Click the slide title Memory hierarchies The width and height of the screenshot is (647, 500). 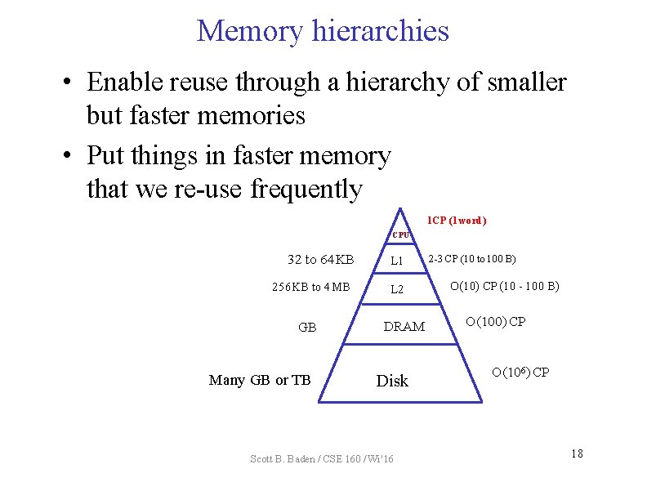323,31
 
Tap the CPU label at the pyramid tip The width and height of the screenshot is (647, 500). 400,235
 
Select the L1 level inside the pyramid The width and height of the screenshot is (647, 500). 397,261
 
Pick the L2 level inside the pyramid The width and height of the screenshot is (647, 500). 397,289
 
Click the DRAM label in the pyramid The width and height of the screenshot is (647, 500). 404,327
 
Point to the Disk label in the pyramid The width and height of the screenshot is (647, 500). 392,381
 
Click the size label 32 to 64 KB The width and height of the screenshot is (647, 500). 320,260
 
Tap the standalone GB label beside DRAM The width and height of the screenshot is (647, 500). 308,327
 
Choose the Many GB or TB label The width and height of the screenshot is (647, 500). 260,380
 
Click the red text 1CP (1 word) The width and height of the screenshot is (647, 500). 457,221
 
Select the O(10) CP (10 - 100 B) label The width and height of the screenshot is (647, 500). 505,286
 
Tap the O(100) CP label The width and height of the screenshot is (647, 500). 496,321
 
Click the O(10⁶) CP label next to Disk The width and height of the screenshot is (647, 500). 520,373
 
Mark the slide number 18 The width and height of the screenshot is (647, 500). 577,453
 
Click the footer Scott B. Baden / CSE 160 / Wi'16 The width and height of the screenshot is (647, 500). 321,459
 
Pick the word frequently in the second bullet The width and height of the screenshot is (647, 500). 306,190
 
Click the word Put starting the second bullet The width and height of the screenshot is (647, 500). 107,155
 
